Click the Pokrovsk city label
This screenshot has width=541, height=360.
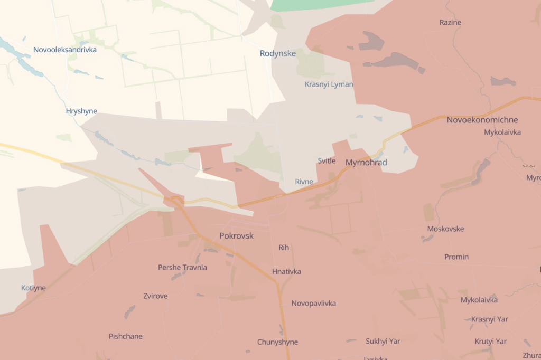236,236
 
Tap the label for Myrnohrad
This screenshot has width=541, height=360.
366,163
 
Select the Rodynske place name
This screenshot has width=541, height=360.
277,53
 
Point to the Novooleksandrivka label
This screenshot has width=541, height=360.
65,50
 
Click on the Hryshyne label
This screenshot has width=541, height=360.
81,111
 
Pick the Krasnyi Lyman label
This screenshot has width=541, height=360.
329,84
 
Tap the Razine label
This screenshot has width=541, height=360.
450,23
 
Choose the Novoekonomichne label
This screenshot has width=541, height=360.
482,120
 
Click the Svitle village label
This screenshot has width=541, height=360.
327,161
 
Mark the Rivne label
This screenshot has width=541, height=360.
304,182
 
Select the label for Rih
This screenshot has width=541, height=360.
284,248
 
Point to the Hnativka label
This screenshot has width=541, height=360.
286,272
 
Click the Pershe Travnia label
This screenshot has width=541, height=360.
182,268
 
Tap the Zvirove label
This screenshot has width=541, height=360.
155,296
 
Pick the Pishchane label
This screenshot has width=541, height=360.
126,336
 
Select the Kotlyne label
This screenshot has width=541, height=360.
33,288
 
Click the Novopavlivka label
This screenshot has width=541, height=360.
313,304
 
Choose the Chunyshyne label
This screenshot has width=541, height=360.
277,342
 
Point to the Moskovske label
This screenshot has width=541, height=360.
445,229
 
